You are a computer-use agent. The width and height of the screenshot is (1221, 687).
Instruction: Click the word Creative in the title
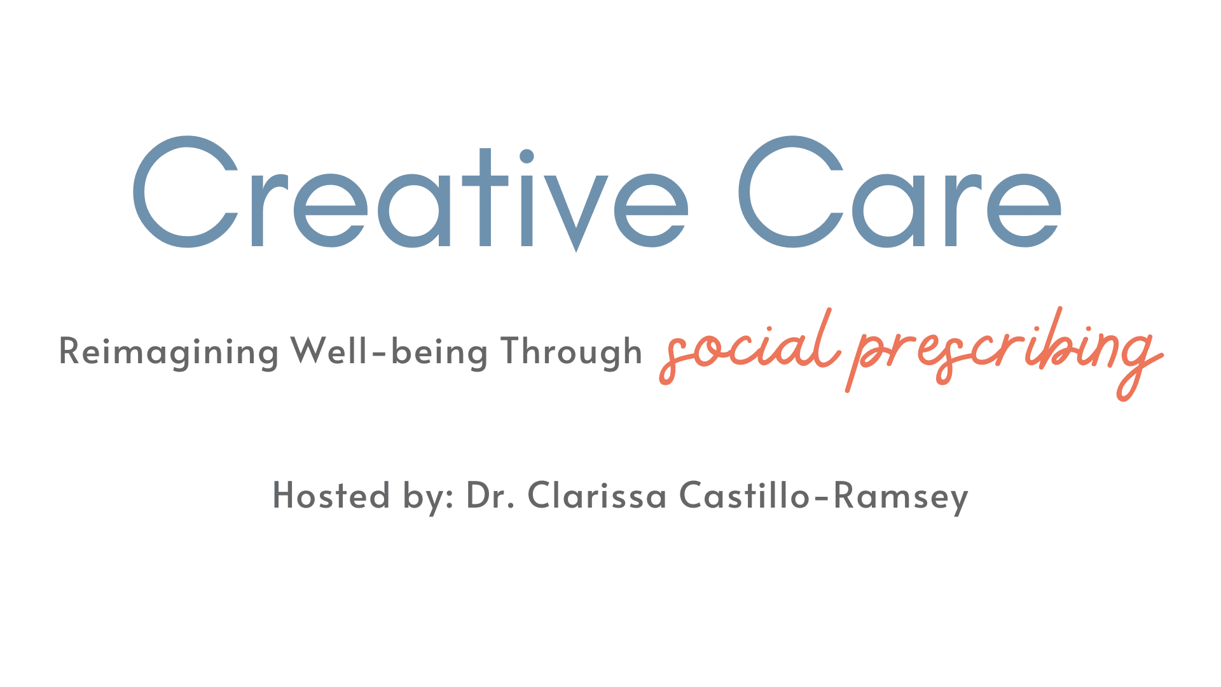[x=410, y=193]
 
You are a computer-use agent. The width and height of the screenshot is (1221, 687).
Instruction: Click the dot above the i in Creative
[x=527, y=156]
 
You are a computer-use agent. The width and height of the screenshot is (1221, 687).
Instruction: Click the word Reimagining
[x=169, y=352]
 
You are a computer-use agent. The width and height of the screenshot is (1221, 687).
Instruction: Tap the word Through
[x=571, y=352]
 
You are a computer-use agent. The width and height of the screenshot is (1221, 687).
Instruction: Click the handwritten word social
[x=748, y=347]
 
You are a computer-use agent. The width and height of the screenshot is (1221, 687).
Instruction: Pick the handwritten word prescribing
[x=1005, y=353]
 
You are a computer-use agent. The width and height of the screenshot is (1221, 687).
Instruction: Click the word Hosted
[x=331, y=495]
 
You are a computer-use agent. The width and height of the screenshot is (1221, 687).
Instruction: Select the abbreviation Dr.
[x=490, y=496]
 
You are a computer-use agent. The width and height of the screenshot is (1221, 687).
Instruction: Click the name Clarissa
[x=597, y=495]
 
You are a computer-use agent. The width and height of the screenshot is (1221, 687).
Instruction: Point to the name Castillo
[x=744, y=495]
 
